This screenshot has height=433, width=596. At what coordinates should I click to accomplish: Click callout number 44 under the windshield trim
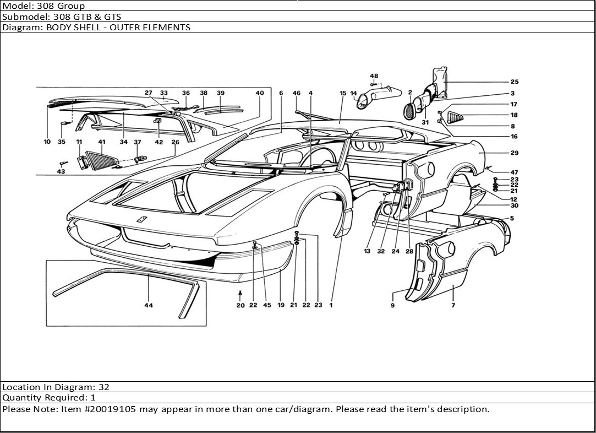149,305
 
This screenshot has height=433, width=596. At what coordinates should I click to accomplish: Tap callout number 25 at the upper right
514,82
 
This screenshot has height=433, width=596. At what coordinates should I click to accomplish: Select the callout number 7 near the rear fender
453,305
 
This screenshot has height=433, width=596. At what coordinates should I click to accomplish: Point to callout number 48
374,75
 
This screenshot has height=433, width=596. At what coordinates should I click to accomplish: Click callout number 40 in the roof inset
260,93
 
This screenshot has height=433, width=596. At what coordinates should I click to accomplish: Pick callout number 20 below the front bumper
240,305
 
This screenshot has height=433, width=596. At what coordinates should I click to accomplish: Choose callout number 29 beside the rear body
514,153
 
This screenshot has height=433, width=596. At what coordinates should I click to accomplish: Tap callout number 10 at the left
47,142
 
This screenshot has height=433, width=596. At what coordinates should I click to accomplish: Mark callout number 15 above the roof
343,93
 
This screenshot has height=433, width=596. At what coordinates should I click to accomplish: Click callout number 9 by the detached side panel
392,305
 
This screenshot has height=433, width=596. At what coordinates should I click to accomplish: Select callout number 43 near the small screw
61,172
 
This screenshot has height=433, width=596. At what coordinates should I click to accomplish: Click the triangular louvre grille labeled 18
455,116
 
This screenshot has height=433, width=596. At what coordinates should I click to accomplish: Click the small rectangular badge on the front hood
141,219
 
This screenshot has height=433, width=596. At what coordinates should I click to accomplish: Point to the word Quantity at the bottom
21,398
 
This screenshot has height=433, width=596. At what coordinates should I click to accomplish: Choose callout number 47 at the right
514,172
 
